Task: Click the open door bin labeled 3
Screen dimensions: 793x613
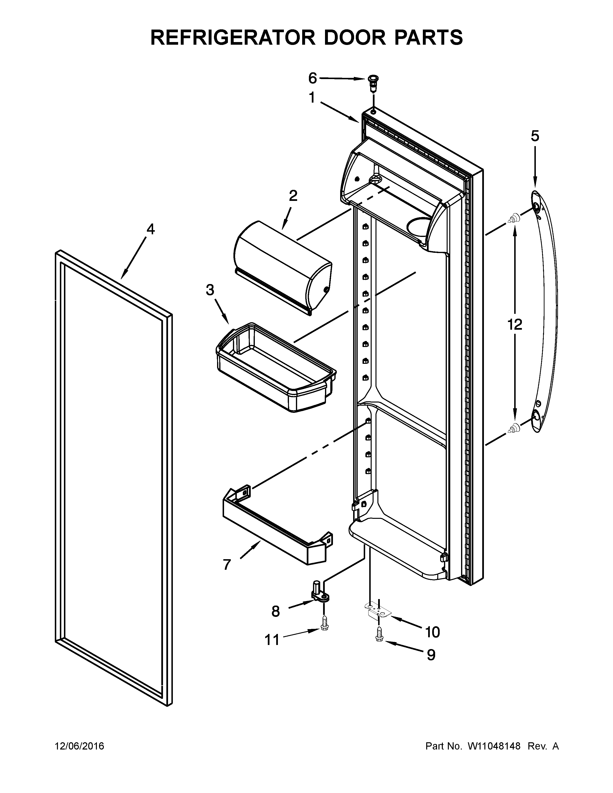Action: pyautogui.click(x=276, y=367)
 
